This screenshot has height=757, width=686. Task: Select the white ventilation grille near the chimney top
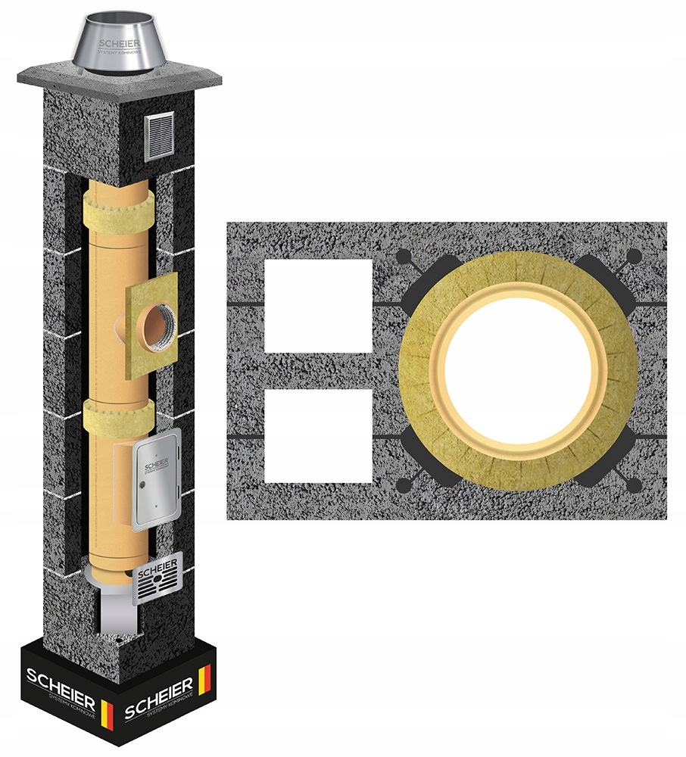158,136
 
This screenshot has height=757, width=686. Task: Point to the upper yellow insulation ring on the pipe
120,204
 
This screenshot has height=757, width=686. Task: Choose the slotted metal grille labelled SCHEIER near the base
158,578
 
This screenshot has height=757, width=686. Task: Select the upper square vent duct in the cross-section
319,307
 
